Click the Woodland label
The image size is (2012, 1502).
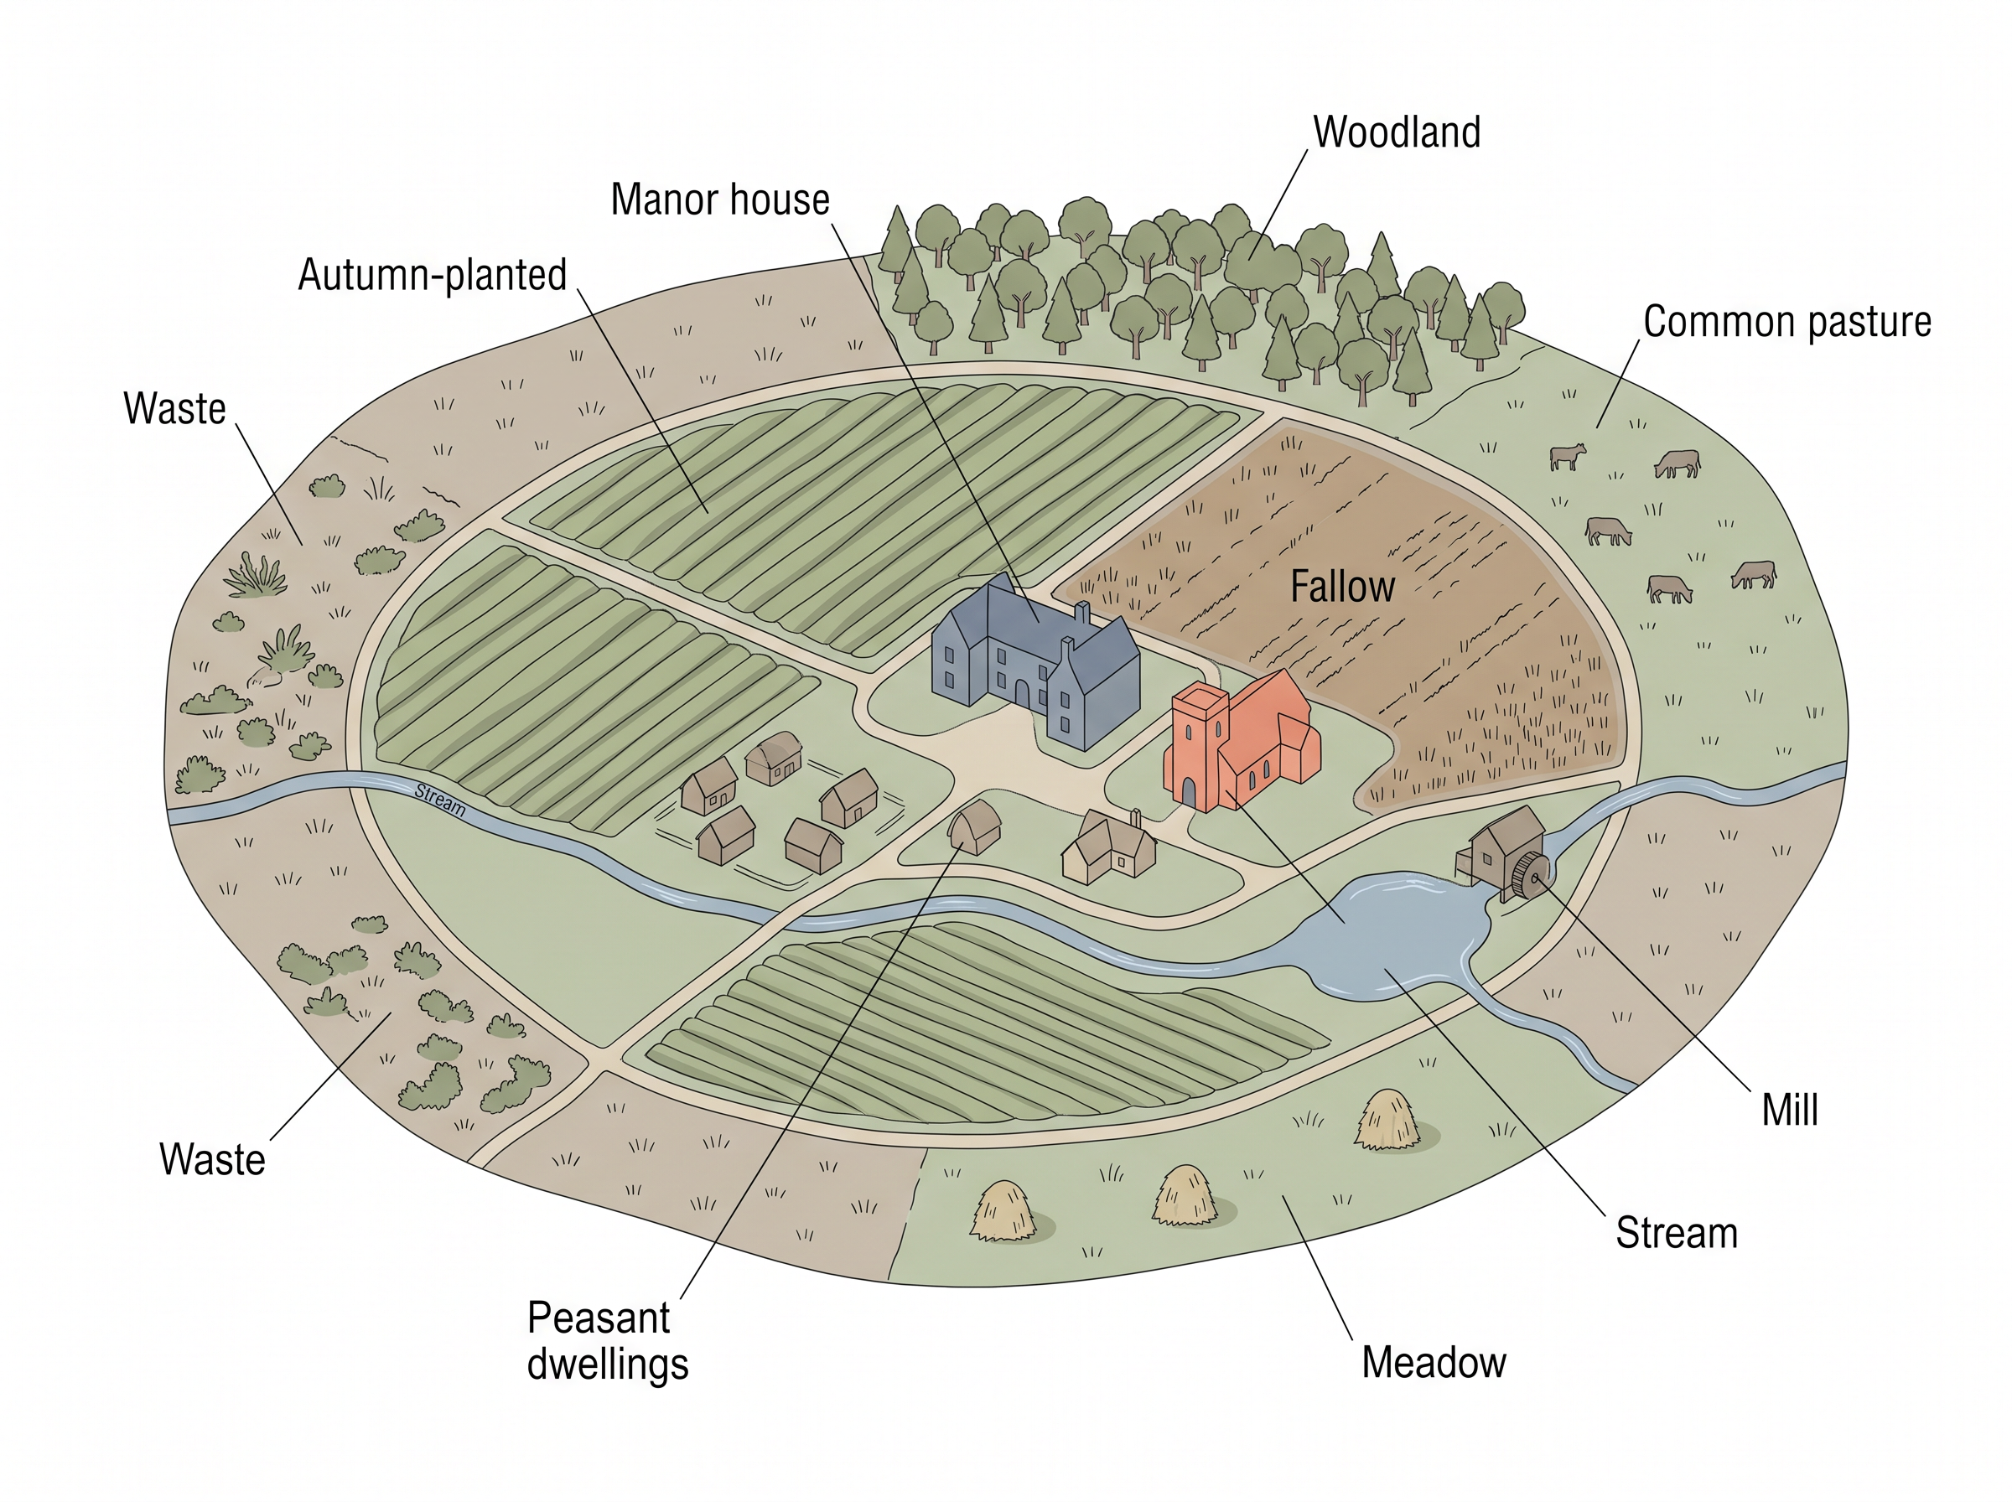pyautogui.click(x=1397, y=132)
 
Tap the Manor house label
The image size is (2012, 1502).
pyautogui.click(x=720, y=200)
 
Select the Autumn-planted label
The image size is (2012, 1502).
pyautogui.click(x=433, y=276)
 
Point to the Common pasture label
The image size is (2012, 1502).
pyautogui.click(x=1787, y=322)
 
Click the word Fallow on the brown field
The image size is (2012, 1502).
pyautogui.click(x=1343, y=587)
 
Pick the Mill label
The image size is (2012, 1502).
pyautogui.click(x=1789, y=1110)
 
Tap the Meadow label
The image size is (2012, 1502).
pyautogui.click(x=1434, y=1362)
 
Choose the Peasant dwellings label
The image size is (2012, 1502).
pyautogui.click(x=607, y=1341)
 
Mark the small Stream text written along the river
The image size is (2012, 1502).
pyautogui.click(x=440, y=799)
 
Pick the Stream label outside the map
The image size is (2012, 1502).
pyautogui.click(x=1677, y=1234)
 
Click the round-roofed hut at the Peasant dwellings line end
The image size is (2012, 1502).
pyautogui.click(x=975, y=826)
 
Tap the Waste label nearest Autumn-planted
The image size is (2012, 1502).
pyautogui.click(x=174, y=409)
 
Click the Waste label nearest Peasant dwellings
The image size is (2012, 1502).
pyautogui.click(x=212, y=1160)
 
